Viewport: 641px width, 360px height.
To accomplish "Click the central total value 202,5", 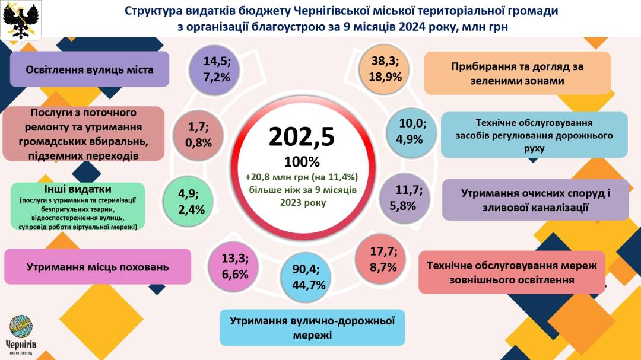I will point(302,136).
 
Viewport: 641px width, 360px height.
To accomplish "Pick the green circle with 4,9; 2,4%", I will point(191,202).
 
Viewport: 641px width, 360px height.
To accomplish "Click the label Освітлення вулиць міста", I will point(90,69).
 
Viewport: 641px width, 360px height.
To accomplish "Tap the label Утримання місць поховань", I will point(97,267).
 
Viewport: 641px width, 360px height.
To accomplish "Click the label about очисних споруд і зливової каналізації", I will point(535,200).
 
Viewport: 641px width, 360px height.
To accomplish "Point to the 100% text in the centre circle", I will point(302,162).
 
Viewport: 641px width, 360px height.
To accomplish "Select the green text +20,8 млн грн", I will point(302,176).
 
